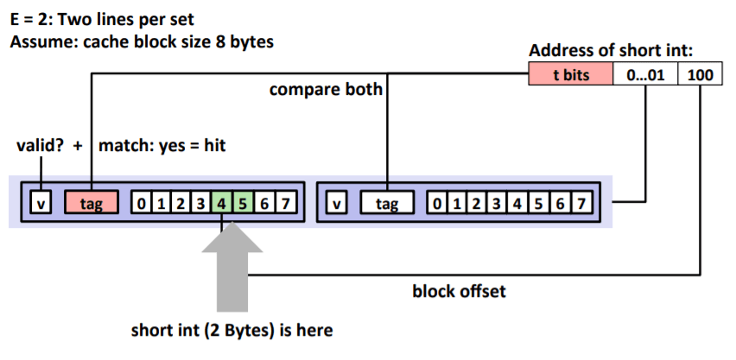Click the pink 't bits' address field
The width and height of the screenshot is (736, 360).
570,75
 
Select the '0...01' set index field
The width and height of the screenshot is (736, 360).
644,75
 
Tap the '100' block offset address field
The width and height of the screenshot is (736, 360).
700,75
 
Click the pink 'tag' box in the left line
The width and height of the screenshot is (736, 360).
92,204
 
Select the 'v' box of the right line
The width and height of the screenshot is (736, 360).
337,204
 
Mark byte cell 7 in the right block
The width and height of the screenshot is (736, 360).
582,204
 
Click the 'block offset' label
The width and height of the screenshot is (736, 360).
459,291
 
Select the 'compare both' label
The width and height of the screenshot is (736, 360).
326,89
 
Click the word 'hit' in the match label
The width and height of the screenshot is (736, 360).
211,145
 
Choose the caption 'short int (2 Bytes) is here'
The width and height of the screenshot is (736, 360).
232,330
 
